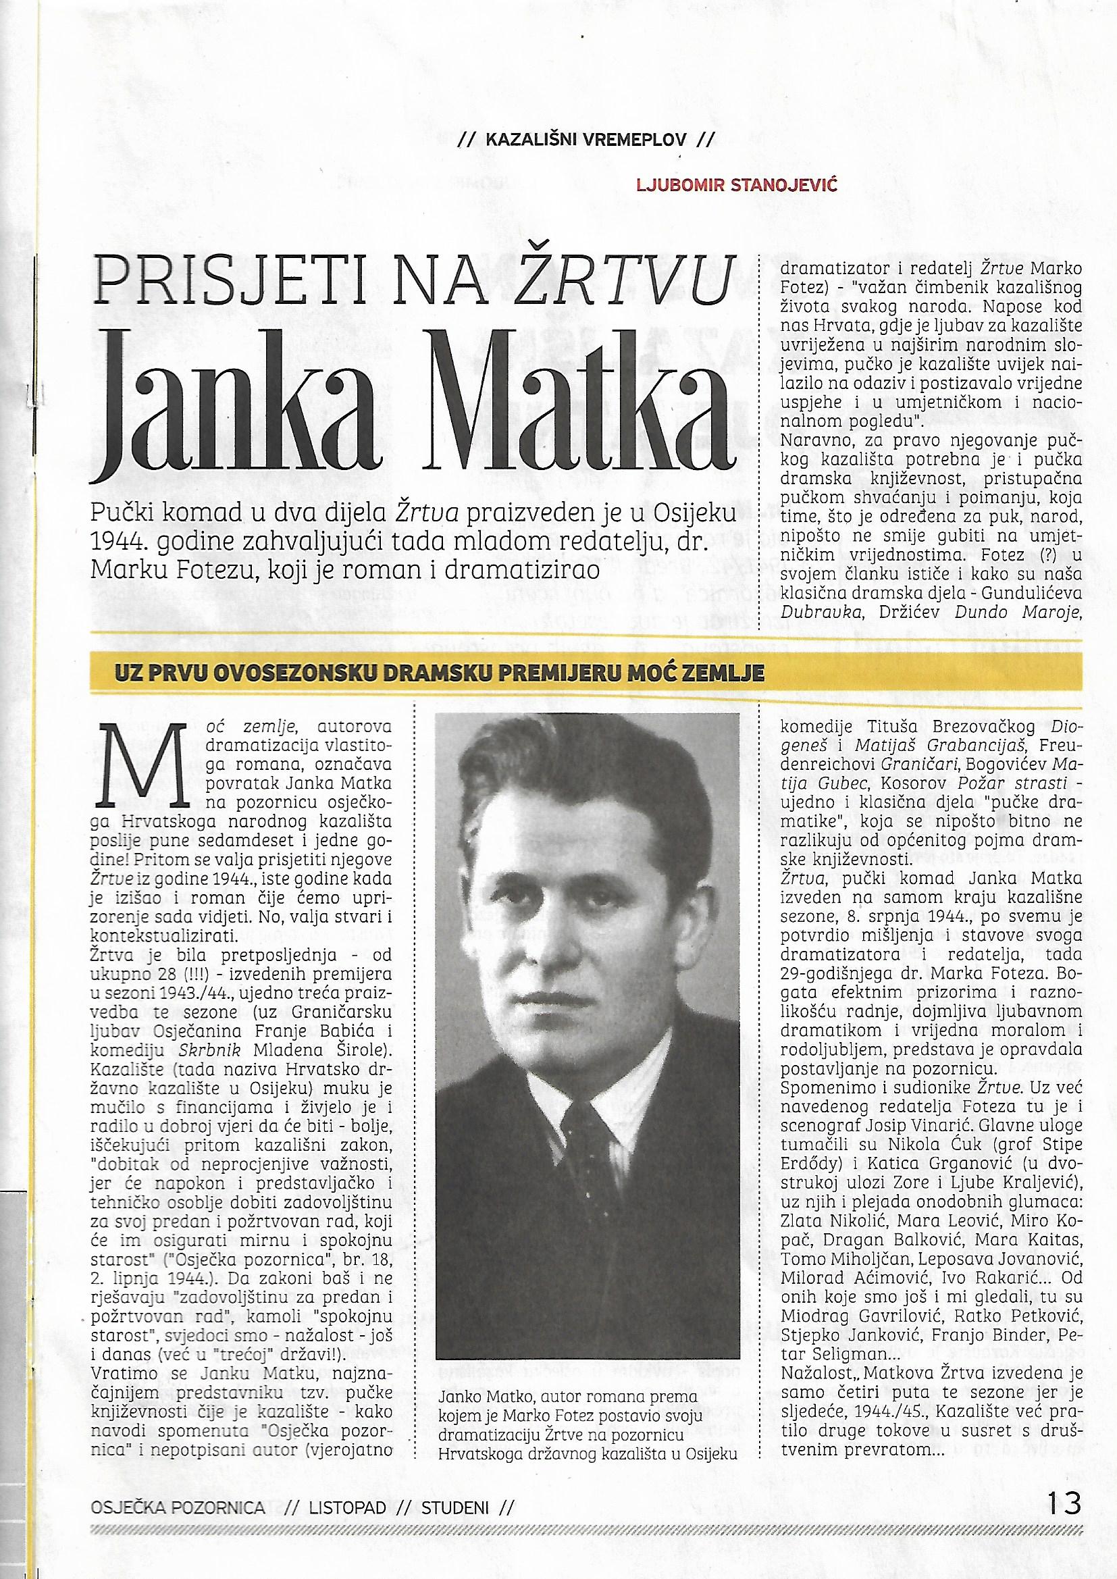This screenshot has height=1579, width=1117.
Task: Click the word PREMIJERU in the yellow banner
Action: tap(590, 673)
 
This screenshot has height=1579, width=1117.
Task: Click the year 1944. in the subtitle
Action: tap(123, 542)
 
